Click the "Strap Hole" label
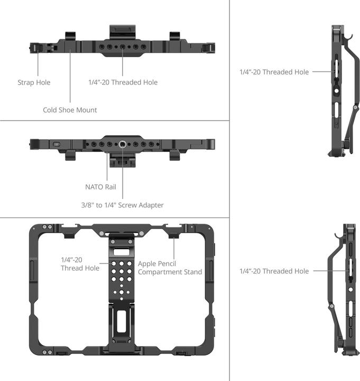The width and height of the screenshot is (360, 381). coord(34,83)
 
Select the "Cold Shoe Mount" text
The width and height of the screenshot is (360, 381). coord(70,110)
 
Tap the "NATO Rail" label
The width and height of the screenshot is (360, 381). coord(100,187)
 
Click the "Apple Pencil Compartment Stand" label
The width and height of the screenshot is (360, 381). coord(170,267)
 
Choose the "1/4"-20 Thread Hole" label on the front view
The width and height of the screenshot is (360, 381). coord(79,264)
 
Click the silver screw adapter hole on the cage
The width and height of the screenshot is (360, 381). coord(123,144)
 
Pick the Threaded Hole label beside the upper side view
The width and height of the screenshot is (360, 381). coord(274,72)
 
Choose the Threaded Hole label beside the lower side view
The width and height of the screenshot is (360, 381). coord(274,271)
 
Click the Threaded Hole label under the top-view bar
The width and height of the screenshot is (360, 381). coord(123,83)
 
